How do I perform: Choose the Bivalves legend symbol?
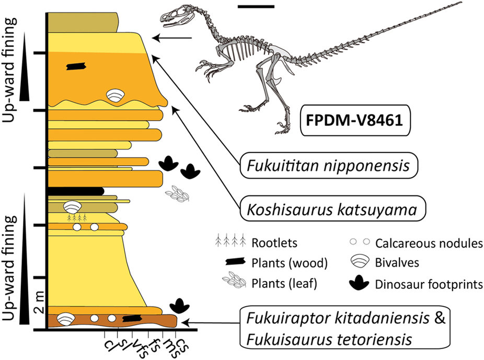(x=359, y=263)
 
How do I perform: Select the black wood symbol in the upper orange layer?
(x=77, y=66)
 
